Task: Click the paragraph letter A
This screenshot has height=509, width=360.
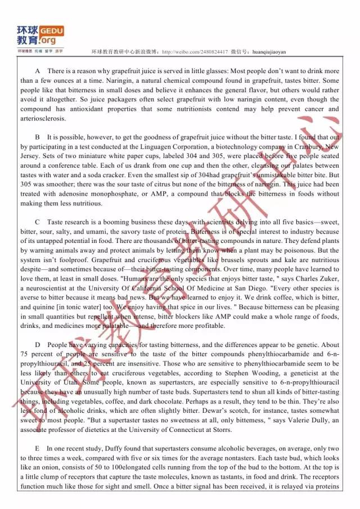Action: pyautogui.click(x=37, y=71)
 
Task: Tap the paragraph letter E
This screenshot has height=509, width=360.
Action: pyautogui.click(x=37, y=448)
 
